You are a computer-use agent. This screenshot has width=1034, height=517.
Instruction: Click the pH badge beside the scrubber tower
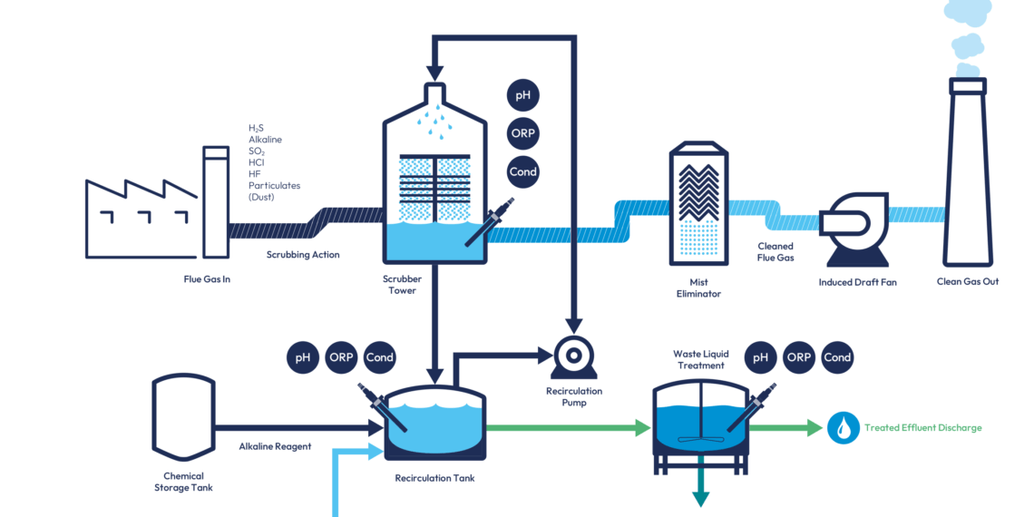tap(523, 95)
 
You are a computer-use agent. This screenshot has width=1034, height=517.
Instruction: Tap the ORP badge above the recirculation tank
tap(341, 358)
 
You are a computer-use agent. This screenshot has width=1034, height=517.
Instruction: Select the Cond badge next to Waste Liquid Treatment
tap(837, 358)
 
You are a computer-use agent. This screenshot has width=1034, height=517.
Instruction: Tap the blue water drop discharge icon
tap(844, 428)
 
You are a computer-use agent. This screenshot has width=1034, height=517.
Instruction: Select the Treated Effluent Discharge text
tap(923, 428)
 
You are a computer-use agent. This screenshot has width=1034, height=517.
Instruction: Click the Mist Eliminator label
tap(698, 288)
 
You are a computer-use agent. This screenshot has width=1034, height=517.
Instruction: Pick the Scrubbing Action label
tap(303, 255)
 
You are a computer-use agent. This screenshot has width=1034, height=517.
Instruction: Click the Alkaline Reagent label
tap(275, 446)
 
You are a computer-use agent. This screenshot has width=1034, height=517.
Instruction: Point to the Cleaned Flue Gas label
tap(775, 252)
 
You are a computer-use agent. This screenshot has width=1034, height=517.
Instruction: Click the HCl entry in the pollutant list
tap(258, 162)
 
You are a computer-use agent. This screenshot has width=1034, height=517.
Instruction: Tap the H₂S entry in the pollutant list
tap(256, 127)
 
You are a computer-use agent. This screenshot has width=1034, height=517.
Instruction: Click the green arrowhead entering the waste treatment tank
tap(643, 428)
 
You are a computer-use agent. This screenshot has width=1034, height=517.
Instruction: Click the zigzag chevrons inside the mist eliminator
tap(698, 192)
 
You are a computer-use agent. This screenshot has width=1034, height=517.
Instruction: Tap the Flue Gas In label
tap(207, 279)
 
